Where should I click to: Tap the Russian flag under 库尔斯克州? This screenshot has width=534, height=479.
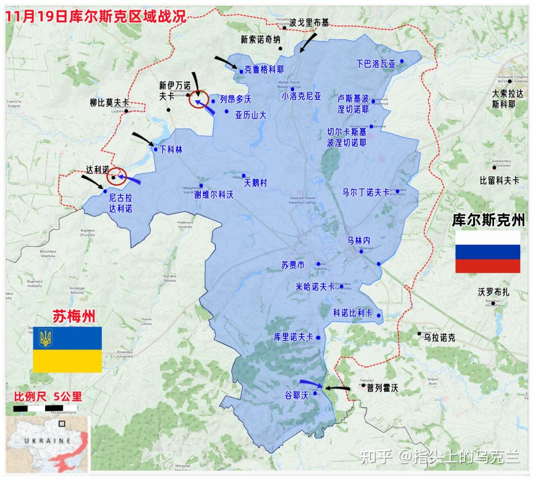tap(487, 252)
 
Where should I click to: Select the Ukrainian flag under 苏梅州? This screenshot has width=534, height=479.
tap(67, 349)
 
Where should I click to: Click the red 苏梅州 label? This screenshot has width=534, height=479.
tap(74, 315)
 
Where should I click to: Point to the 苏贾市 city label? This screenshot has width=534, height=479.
tap(294, 265)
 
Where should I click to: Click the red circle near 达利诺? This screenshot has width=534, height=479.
tap(117, 176)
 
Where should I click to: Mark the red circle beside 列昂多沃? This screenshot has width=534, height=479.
tap(198, 99)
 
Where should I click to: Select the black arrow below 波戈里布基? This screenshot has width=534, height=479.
tap(309, 42)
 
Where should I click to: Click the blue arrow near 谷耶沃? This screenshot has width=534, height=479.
tap(311, 383)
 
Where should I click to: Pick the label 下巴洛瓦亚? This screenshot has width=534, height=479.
tap(376, 64)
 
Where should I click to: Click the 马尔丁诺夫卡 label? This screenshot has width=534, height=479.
tap(366, 192)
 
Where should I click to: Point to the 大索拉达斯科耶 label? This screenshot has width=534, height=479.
tap(507, 98)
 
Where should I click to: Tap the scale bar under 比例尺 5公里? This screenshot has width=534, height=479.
tap(44, 408)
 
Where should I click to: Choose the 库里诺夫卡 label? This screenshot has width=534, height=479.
tap(294, 337)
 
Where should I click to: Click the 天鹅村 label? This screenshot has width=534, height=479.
tap(256, 183)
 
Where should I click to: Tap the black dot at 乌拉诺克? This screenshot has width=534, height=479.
tap(419, 334)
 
